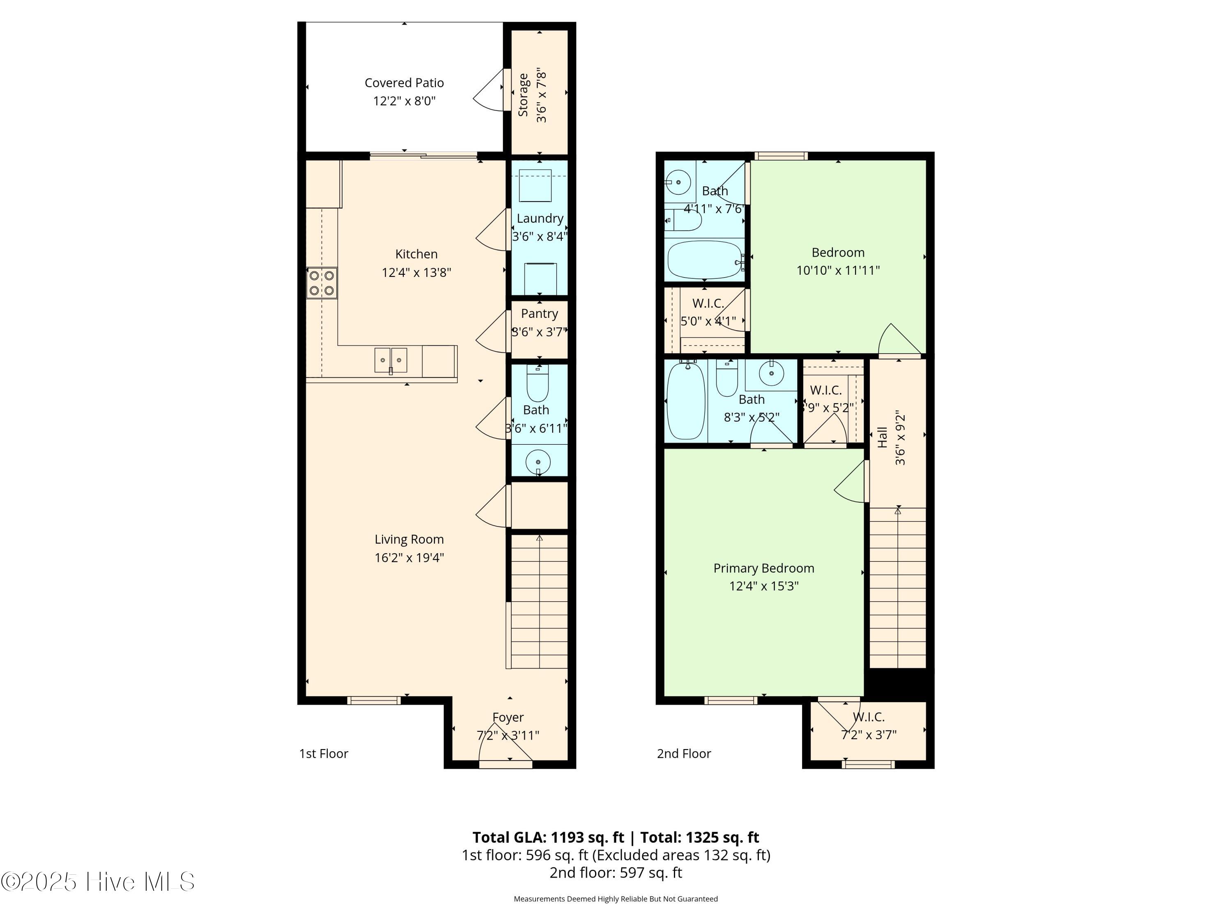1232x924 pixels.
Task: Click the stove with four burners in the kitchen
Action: (x=322, y=283)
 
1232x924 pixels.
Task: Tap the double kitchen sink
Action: (x=391, y=360)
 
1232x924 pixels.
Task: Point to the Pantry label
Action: (x=539, y=314)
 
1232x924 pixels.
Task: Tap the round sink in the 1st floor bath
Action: (x=538, y=462)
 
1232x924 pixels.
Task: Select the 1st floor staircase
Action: (x=538, y=602)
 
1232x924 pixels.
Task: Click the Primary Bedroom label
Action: (x=763, y=568)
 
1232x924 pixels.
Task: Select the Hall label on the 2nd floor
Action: (x=882, y=437)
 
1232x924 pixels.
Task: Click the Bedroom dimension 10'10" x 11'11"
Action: (x=838, y=271)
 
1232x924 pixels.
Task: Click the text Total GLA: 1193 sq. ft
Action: (x=548, y=837)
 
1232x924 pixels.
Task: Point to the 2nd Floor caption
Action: (x=684, y=754)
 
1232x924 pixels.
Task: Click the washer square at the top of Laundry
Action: (x=535, y=186)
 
